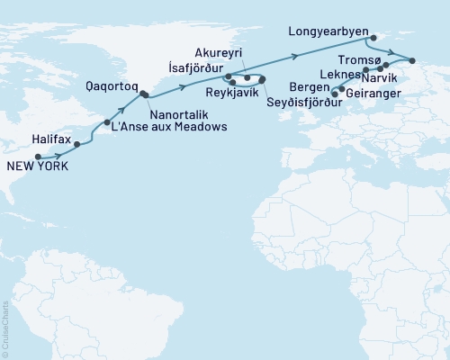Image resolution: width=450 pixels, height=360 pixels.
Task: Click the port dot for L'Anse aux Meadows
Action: [107, 122]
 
